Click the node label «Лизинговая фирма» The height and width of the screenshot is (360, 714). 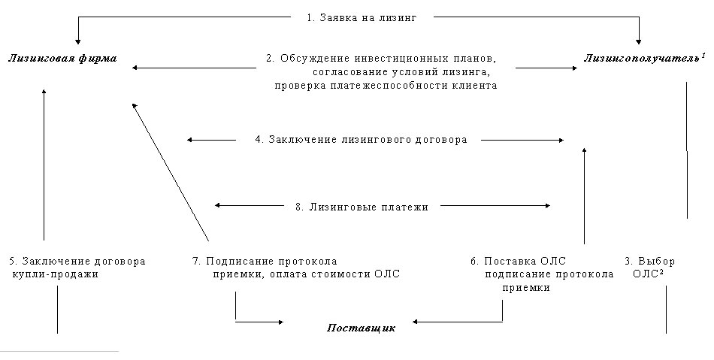tap(63, 59)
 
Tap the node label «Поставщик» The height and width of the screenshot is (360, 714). tap(361, 328)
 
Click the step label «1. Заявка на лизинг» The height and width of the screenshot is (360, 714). tap(361, 18)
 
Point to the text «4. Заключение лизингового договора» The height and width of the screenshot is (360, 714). tap(361, 139)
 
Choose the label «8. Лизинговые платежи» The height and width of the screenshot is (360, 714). tap(362, 207)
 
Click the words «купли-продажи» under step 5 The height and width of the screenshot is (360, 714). tap(55, 274)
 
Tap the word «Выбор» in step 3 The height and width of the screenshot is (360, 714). tap(656, 262)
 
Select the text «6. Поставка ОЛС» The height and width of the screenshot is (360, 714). tap(518, 262)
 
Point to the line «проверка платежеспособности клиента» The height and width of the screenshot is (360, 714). tap(386, 86)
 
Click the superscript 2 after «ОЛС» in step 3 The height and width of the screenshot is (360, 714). tap(661, 272)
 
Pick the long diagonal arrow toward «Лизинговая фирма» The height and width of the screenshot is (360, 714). tap(171, 172)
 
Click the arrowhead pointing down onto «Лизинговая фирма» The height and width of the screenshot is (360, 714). tap(78, 41)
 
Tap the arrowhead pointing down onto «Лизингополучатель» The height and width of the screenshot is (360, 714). tap(639, 41)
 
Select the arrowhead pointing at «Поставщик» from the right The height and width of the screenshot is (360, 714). tap(416, 322)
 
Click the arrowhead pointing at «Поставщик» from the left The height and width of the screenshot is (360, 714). tap(280, 322)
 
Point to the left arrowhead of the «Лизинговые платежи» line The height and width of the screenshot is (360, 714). tap(218, 205)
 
